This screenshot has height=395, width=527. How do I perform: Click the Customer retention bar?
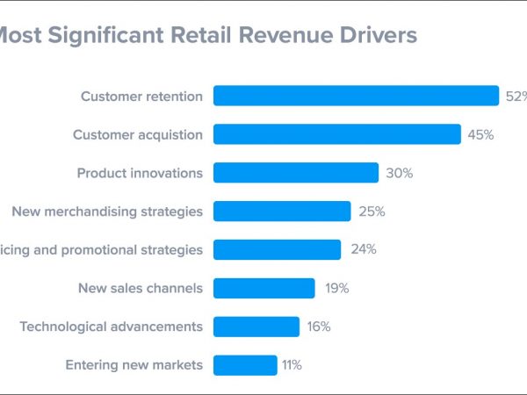(x=356, y=96)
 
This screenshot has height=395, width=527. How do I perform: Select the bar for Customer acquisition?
(x=336, y=134)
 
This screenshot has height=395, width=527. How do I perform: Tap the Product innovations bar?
(x=295, y=173)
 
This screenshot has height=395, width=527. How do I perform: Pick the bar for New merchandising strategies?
(x=281, y=212)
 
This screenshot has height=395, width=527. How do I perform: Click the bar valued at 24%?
(x=277, y=249)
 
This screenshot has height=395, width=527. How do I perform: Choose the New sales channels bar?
(x=263, y=288)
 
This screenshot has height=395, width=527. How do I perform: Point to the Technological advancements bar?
(x=256, y=327)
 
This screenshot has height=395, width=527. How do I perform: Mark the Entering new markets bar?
(x=244, y=365)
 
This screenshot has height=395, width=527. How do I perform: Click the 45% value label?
(x=480, y=134)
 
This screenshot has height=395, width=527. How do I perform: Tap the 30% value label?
(x=399, y=173)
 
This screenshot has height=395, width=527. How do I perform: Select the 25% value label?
(x=372, y=212)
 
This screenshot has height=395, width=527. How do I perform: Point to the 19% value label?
(x=336, y=288)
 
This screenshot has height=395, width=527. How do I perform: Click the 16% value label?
(x=319, y=327)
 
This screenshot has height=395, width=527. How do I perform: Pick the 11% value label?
(x=292, y=365)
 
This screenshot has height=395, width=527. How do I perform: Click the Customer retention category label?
(x=141, y=96)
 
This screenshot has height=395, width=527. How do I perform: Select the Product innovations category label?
(x=140, y=173)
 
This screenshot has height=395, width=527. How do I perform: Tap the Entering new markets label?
(x=134, y=365)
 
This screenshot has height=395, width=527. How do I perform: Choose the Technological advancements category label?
(x=111, y=327)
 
